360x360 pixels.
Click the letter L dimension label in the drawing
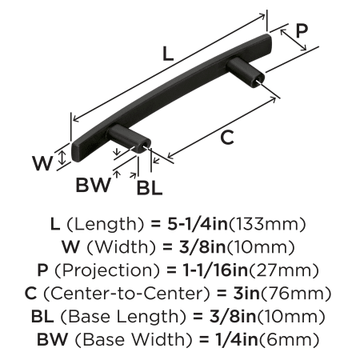pos(168,54)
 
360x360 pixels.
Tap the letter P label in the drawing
pos(302,30)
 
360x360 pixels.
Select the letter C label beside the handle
pos(227,138)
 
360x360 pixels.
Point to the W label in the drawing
pos(42,163)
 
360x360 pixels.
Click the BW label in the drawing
pos(93,185)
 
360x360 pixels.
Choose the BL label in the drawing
pos(150,188)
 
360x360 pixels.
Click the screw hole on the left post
pos(145,146)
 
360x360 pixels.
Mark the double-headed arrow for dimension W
pos(62,158)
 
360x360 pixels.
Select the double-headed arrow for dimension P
pos(294,40)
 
